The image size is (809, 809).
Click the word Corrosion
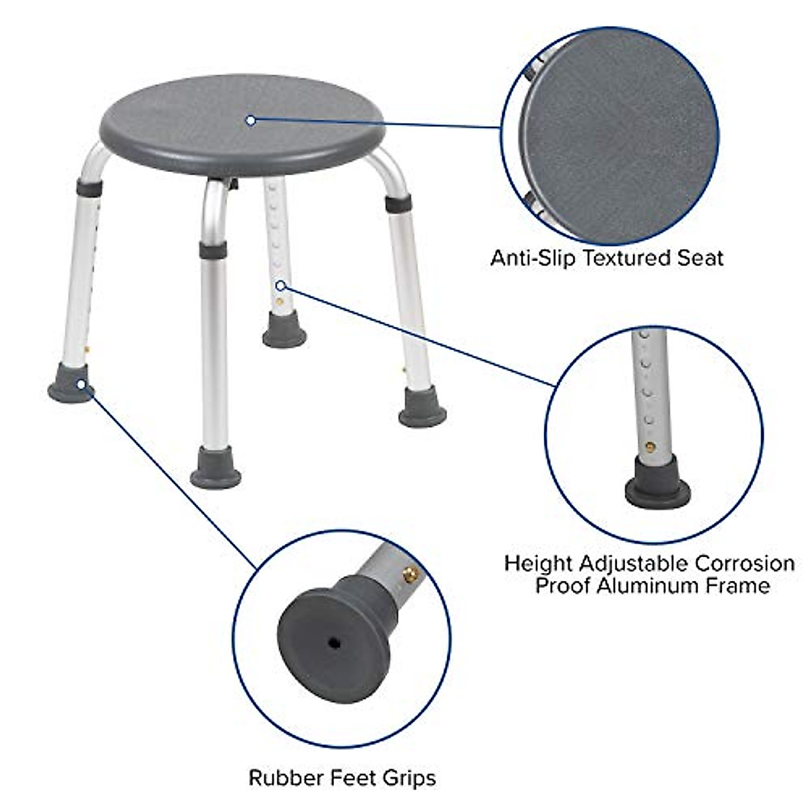pos(745,563)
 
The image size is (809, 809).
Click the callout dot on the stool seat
pos(251,121)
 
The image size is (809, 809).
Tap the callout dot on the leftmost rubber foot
pos(82,384)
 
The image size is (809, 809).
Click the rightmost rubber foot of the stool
pos(422,408)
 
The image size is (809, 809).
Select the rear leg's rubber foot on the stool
pos(284,330)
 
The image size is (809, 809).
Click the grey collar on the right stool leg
pos(398,202)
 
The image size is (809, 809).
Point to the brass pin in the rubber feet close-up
pos(409,574)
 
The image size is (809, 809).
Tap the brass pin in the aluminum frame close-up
pos(650,446)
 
